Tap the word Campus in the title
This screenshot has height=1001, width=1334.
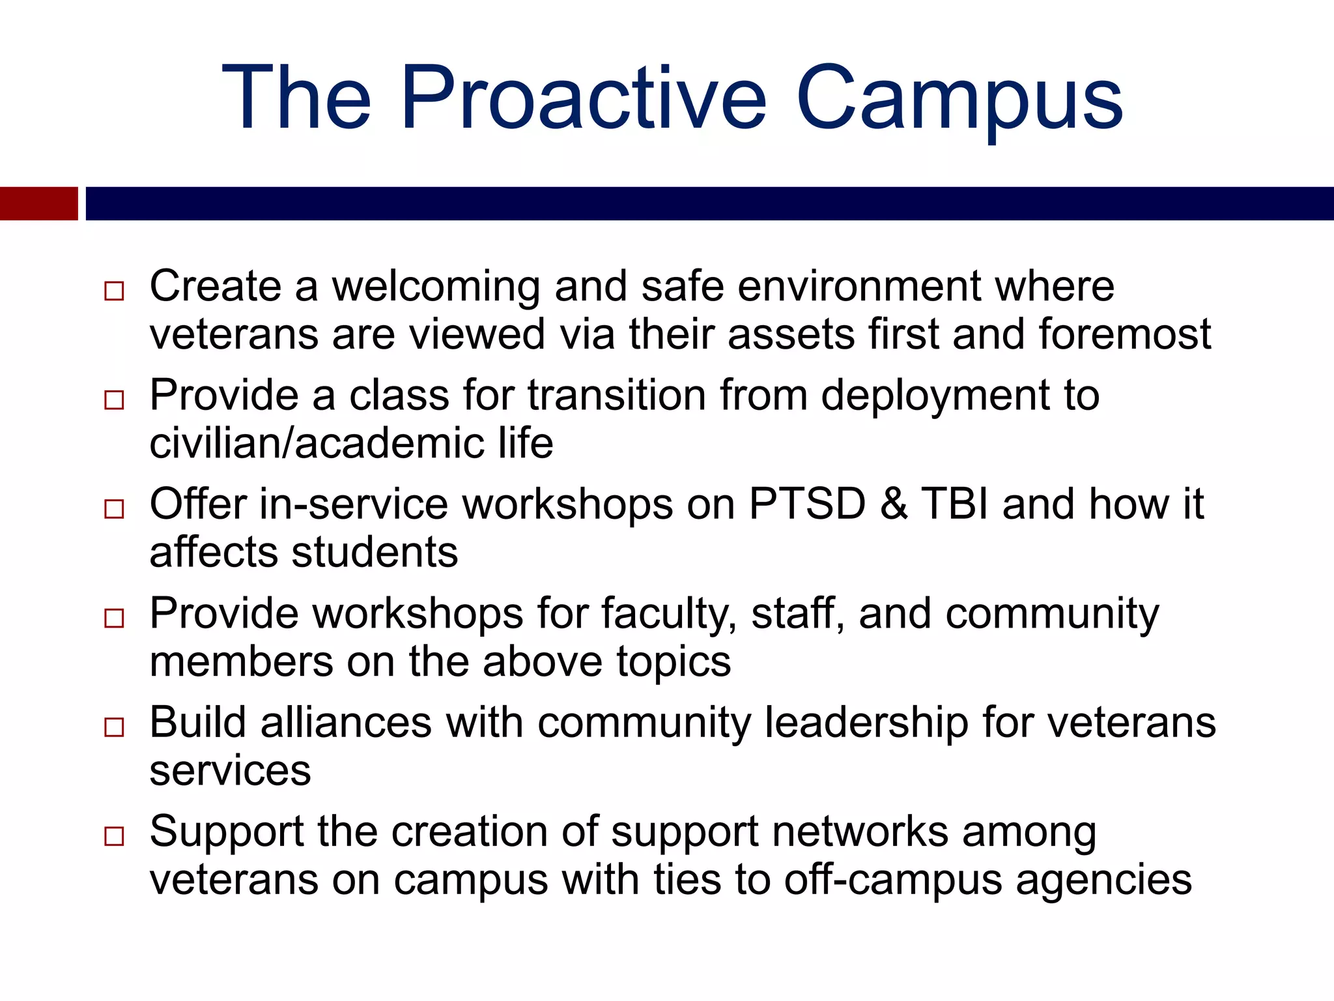pyautogui.click(x=959, y=99)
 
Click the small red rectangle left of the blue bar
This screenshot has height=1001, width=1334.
pyautogui.click(x=38, y=203)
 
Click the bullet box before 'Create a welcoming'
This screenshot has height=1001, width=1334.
pyautogui.click(x=114, y=291)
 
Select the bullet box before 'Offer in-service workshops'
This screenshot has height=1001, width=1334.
pyautogui.click(x=114, y=509)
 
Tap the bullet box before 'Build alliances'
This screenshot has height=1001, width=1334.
pyautogui.click(x=114, y=727)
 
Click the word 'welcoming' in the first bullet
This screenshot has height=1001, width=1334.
pyautogui.click(x=436, y=287)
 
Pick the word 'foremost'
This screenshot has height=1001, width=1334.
pyautogui.click(x=1124, y=334)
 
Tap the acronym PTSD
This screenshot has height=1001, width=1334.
pyautogui.click(x=807, y=504)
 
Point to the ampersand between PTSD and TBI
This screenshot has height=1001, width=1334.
pyautogui.click(x=894, y=504)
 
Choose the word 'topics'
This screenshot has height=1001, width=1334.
pyautogui.click(x=674, y=662)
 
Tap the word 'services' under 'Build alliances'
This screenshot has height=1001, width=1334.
pyautogui.click(x=230, y=772)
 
